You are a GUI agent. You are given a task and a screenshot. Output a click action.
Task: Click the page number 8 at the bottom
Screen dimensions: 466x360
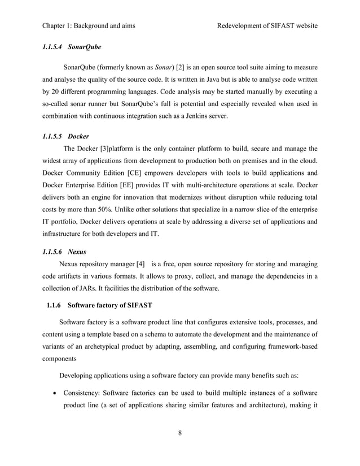[179, 433]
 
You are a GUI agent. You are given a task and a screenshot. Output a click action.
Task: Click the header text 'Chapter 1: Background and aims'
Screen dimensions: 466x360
[89, 26]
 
